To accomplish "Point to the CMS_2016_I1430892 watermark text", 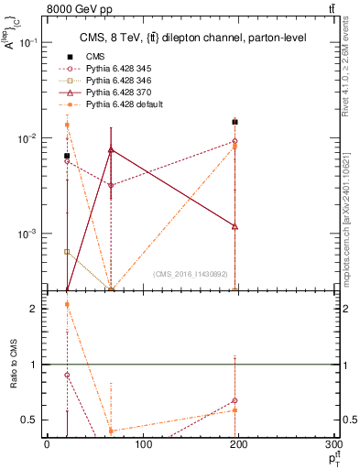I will tap(191, 273).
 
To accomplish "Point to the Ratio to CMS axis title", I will tap(14, 365).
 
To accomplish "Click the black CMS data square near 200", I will tap(235, 122).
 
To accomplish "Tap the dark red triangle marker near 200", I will tap(235, 226).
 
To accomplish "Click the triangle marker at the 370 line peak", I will tap(111, 149).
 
